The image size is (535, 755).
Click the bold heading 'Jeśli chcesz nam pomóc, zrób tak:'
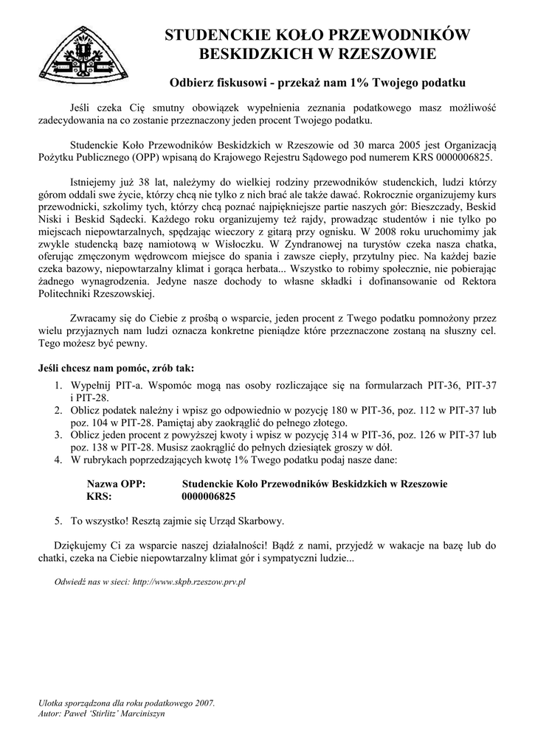pyautogui.click(x=117, y=368)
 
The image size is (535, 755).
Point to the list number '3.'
pyautogui.click(x=58, y=435)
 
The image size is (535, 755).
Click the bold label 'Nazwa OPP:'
pyautogui.click(x=116, y=484)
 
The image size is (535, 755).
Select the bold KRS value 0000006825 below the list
pyautogui.click(x=208, y=496)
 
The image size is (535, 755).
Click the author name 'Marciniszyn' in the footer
pyautogui.click(x=142, y=714)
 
